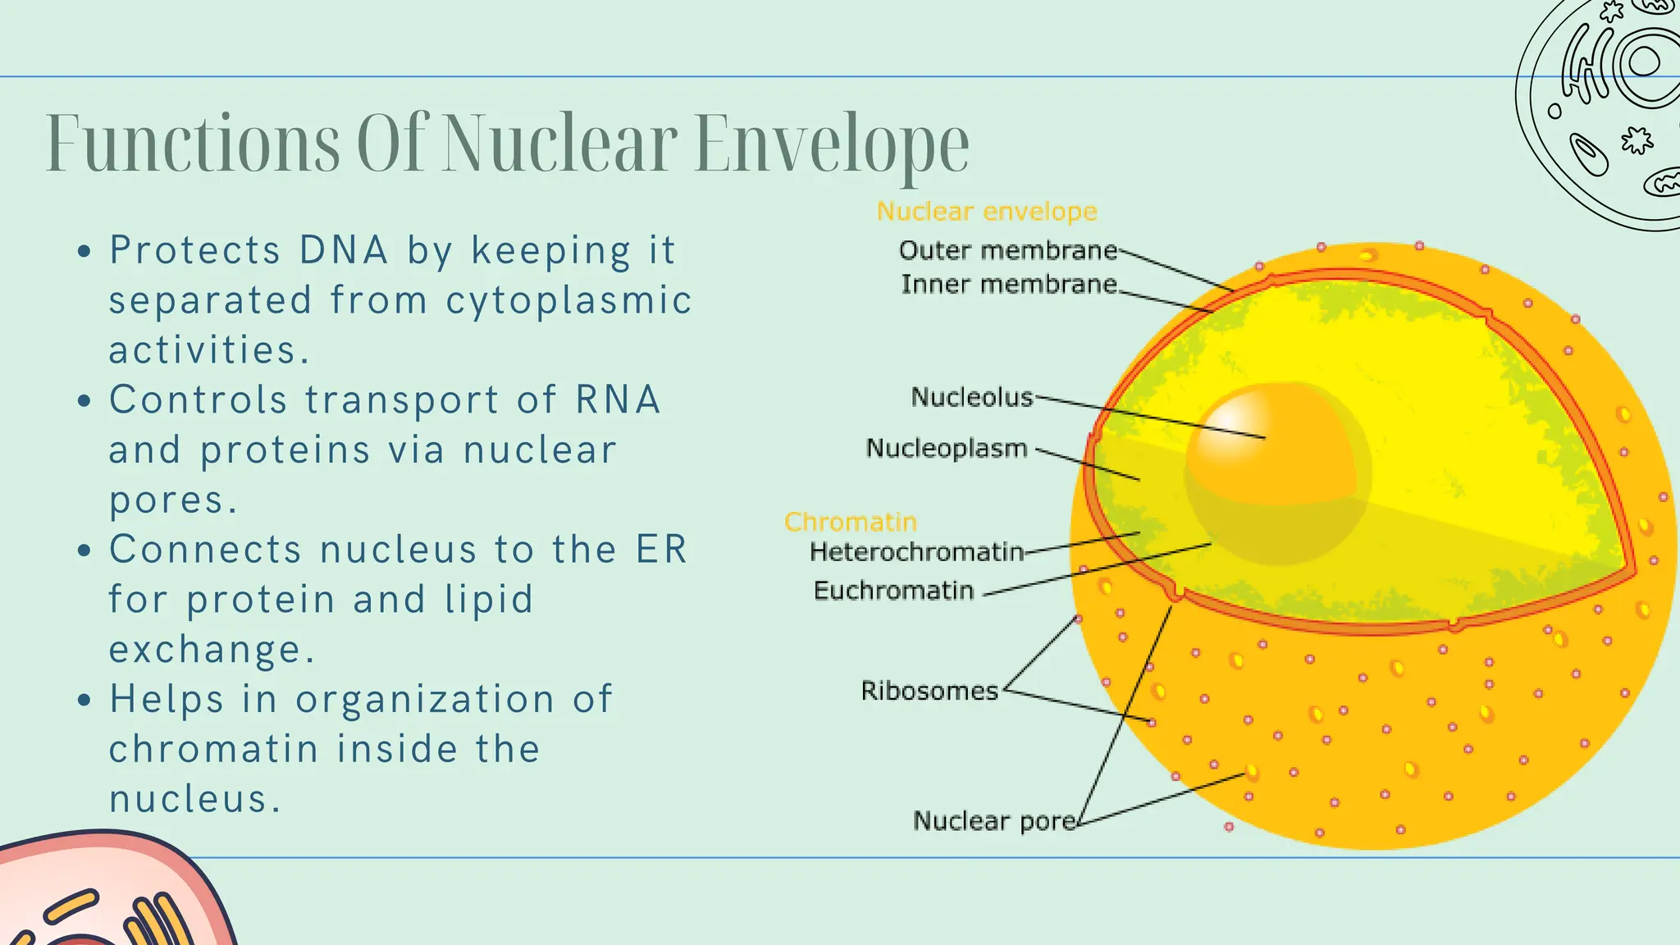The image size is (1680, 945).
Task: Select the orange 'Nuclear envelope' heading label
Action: click(x=987, y=212)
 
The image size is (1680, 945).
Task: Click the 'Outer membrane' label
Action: click(x=1008, y=250)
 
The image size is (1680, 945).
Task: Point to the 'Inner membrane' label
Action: click(x=1009, y=284)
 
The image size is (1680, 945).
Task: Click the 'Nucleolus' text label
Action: click(x=972, y=397)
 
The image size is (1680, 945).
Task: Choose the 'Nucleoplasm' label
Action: click(x=947, y=448)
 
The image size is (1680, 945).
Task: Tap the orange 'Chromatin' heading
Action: click(x=851, y=522)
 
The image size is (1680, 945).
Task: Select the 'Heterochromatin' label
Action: click(x=917, y=552)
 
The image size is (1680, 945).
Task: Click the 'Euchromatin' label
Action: click(x=893, y=591)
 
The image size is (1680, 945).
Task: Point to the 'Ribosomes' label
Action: click(x=929, y=691)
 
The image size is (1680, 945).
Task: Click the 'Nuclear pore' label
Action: click(x=995, y=821)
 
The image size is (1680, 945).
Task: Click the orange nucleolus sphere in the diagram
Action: click(x=1278, y=473)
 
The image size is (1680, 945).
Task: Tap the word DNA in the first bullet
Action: click(x=344, y=250)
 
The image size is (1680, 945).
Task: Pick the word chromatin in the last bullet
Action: click(x=213, y=749)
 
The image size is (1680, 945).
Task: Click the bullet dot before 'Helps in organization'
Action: click(x=84, y=701)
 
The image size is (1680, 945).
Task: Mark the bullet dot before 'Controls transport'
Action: click(x=84, y=402)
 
